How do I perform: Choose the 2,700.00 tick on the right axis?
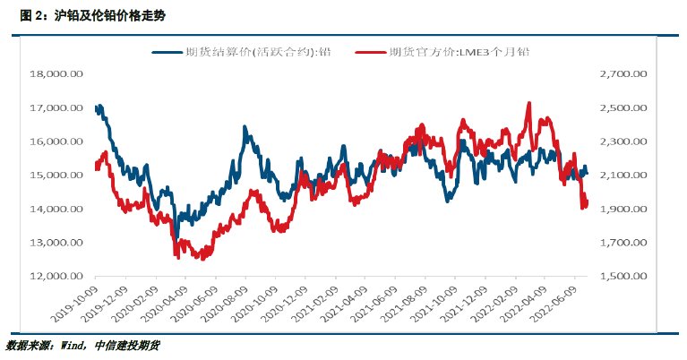tap(623, 74)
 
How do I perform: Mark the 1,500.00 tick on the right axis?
tap(623, 276)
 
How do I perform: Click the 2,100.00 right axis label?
tap(623, 176)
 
